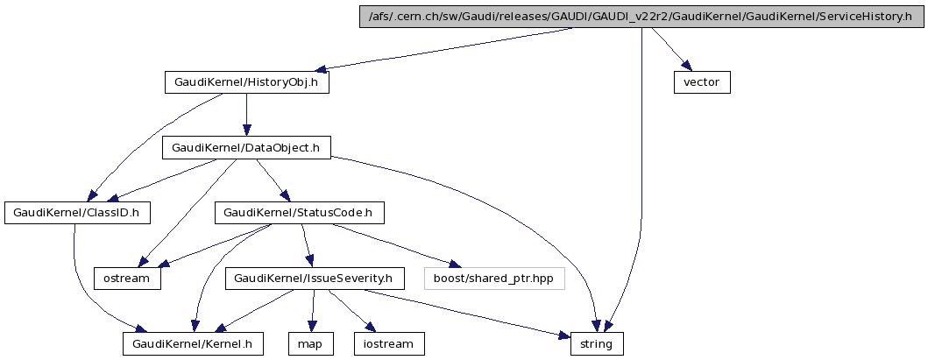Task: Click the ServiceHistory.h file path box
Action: (x=641, y=18)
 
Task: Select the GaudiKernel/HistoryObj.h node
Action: (x=247, y=82)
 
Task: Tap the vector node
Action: (x=702, y=82)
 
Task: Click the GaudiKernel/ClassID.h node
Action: (x=77, y=212)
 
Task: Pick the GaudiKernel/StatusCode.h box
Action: (x=299, y=212)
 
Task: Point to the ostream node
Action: (x=128, y=279)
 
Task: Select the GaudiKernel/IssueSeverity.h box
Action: (x=315, y=279)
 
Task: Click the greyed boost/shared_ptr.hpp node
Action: (x=494, y=279)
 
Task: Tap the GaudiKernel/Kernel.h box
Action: (x=193, y=343)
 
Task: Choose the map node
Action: (x=310, y=343)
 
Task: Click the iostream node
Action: (x=389, y=343)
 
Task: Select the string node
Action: (x=598, y=343)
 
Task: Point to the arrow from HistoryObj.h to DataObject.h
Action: (x=247, y=115)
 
